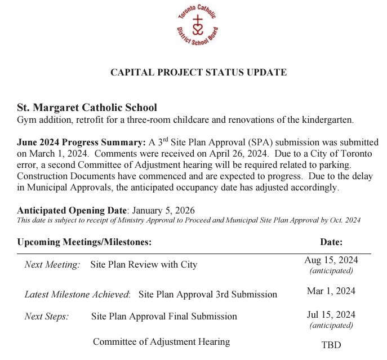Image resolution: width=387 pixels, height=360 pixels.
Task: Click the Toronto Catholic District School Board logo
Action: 198,26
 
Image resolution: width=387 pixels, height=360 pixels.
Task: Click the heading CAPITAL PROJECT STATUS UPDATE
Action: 198,73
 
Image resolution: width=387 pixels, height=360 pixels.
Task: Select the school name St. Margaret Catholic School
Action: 87,108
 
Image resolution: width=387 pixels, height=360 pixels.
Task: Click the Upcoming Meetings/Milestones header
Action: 84,242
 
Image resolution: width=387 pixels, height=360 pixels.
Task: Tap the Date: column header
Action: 331,242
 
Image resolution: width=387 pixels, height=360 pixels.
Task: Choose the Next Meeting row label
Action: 52,264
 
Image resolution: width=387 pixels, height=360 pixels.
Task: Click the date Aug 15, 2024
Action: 331,260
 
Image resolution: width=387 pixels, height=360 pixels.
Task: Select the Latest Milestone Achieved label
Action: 77,294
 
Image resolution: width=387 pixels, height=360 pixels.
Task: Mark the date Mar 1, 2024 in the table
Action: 331,291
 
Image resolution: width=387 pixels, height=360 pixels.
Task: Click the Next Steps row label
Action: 47,316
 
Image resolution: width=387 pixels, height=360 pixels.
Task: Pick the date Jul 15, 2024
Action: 331,314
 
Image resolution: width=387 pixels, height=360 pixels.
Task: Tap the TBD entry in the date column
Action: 331,345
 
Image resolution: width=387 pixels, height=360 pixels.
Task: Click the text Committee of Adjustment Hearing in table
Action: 161,341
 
